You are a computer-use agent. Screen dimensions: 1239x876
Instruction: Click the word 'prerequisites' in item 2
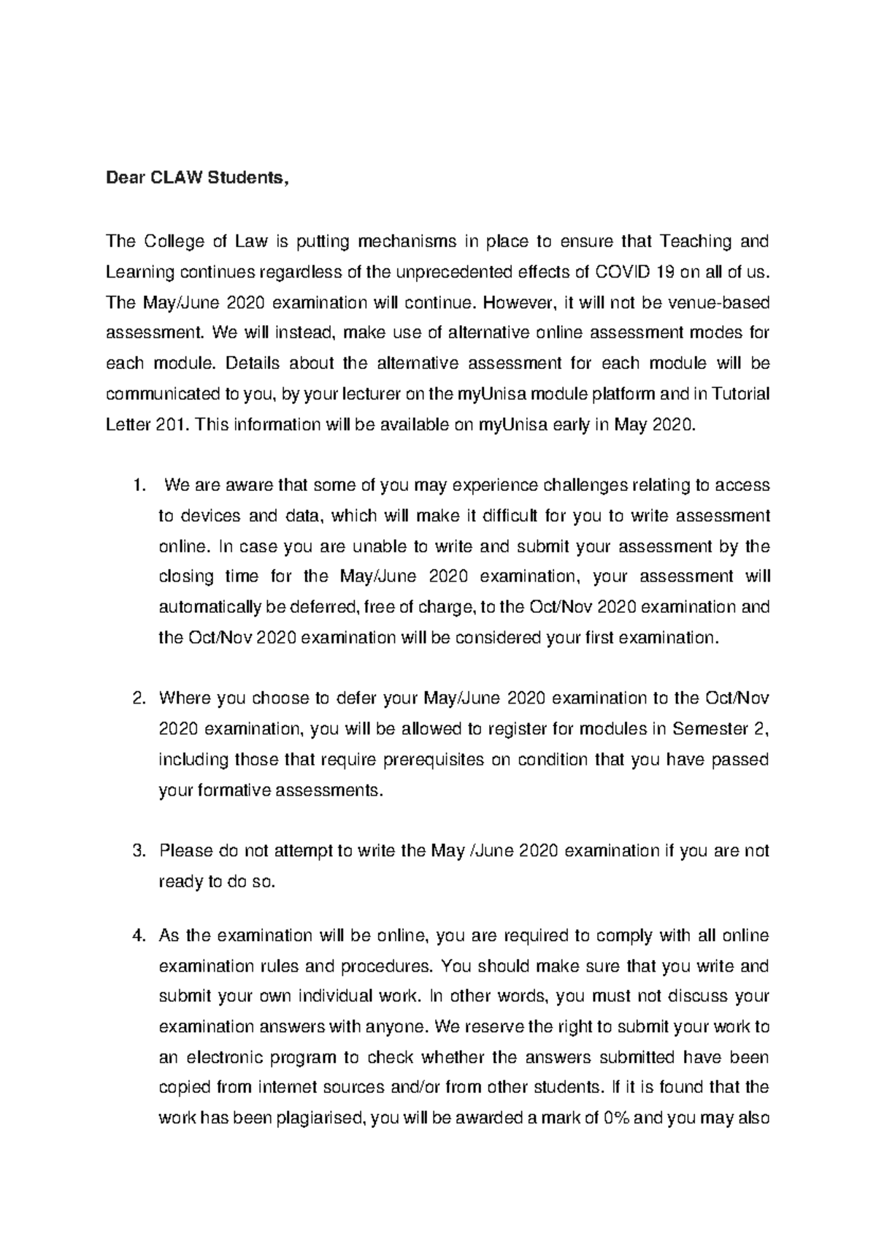tap(423, 760)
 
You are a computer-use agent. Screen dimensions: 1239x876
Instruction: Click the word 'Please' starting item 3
tap(185, 851)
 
